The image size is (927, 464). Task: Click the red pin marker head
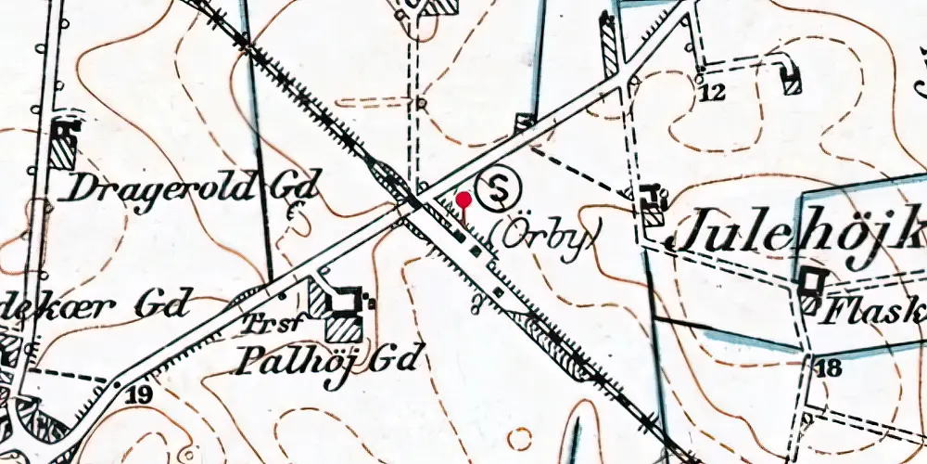(x=463, y=199)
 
